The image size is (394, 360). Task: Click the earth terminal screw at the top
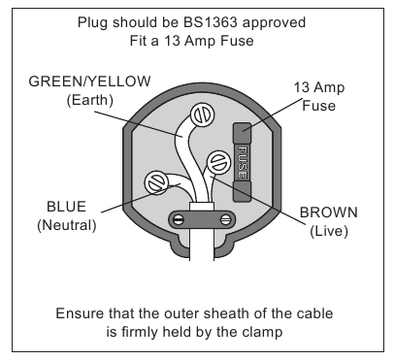(203, 115)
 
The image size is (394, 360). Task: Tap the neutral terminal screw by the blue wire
(156, 182)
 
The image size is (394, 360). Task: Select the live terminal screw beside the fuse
(219, 162)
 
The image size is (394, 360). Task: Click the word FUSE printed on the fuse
(242, 162)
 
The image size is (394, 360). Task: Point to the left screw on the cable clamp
(179, 220)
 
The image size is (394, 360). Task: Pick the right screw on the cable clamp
(225, 220)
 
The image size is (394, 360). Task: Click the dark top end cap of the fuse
(242, 132)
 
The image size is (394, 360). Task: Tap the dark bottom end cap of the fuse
(242, 192)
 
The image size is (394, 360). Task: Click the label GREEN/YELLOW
(89, 82)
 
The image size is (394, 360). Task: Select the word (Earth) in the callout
(89, 100)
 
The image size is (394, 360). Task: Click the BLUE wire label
(67, 207)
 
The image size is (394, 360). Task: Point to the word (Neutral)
(67, 225)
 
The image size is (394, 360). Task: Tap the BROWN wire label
(329, 213)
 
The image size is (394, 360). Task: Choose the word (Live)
(329, 231)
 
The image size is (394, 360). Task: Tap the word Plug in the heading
(92, 23)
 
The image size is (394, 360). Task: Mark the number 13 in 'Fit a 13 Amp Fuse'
(171, 41)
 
